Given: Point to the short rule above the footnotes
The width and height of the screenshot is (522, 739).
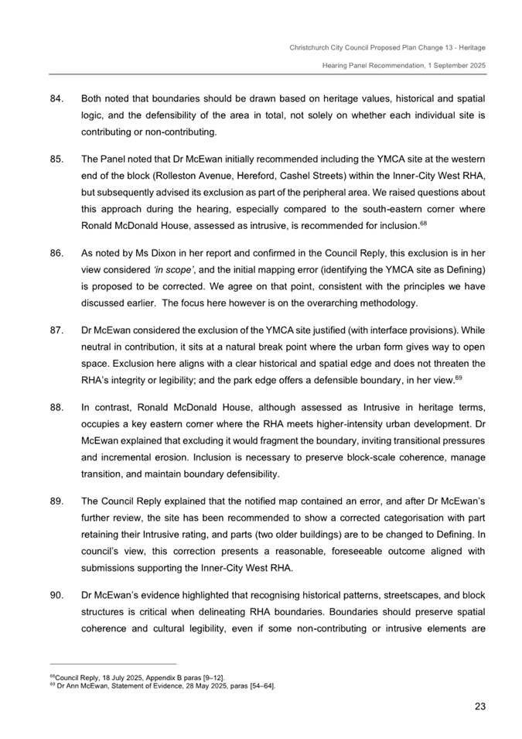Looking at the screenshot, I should click(x=112, y=663).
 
